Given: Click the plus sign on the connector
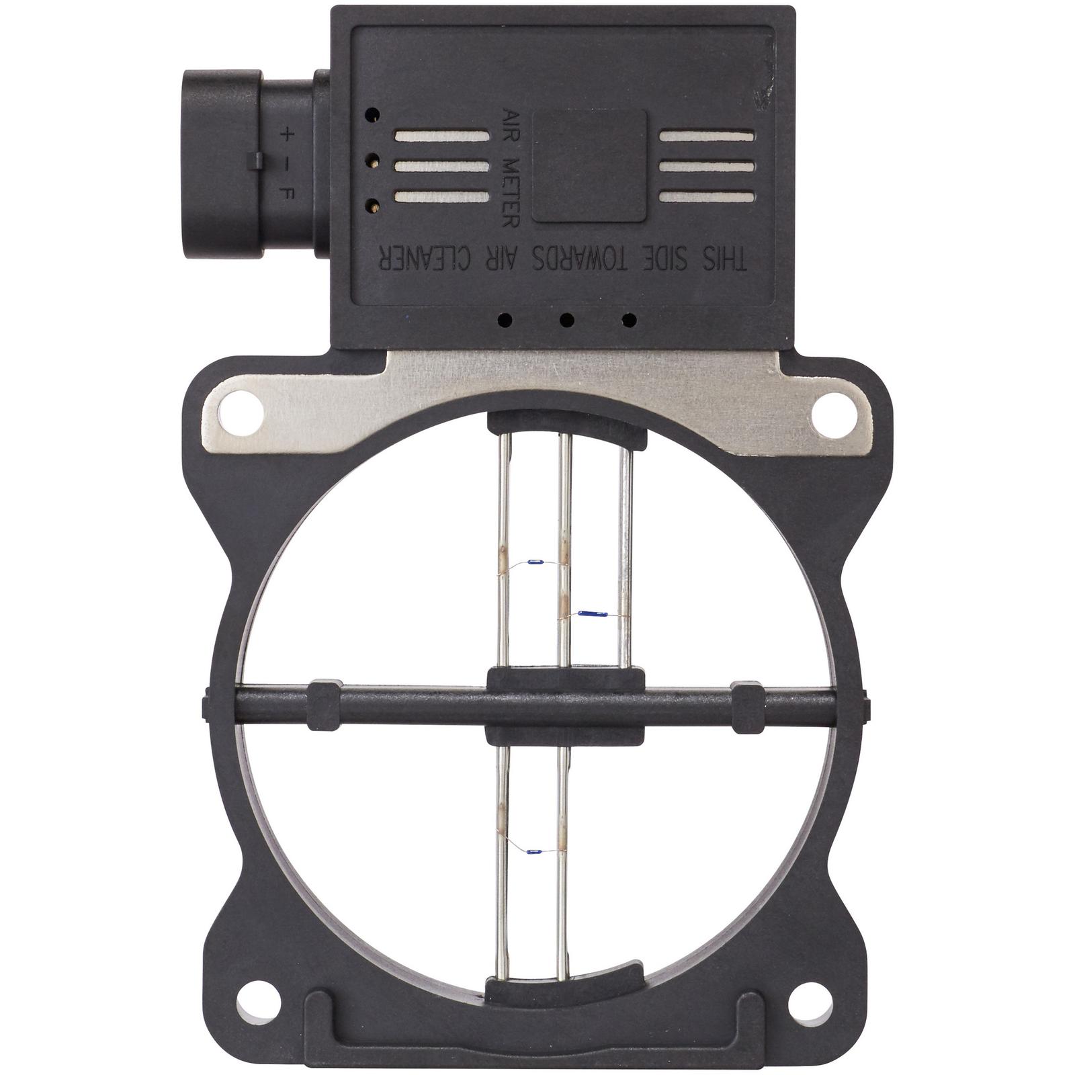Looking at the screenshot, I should [x=288, y=134].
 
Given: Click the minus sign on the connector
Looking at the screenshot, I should [x=288, y=163].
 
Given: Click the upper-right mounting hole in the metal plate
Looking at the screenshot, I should [x=832, y=411].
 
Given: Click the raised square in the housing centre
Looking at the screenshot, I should [x=589, y=166].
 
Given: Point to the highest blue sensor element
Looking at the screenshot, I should [x=535, y=561].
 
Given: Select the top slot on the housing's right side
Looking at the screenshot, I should [x=707, y=136].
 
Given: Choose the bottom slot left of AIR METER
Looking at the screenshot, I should [x=441, y=197].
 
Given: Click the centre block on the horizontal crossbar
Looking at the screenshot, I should [x=565, y=705].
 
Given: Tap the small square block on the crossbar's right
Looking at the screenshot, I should [x=747, y=707].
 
